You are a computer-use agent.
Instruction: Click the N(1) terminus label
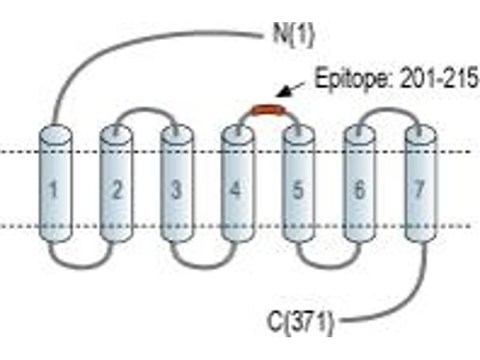(293, 35)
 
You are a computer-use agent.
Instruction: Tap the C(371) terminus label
(301, 321)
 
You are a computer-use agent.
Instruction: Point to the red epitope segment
(268, 110)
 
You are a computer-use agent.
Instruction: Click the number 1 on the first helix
(53, 190)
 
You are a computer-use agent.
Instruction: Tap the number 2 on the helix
(116, 190)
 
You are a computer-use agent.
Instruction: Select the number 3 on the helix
(176, 190)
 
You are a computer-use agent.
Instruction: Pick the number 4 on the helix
(235, 190)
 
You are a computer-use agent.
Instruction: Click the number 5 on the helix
(298, 190)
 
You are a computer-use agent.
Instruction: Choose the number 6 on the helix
(359, 190)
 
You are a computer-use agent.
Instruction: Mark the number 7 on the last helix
(419, 190)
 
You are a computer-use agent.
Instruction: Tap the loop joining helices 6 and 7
(389, 109)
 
